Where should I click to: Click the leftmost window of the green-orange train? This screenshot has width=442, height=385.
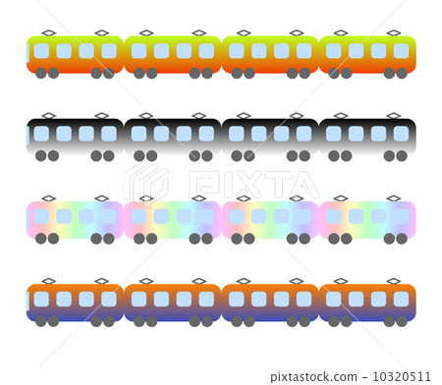[41, 51]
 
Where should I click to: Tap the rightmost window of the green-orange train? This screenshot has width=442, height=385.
[401, 51]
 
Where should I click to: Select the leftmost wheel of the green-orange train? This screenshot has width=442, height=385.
[41, 73]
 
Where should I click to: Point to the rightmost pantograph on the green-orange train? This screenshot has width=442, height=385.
[394, 33]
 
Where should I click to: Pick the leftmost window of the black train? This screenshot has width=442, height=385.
[41, 134]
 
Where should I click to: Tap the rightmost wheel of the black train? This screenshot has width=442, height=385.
[402, 155]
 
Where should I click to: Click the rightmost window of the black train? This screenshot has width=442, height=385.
[401, 134]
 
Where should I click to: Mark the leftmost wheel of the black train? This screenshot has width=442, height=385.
[41, 155]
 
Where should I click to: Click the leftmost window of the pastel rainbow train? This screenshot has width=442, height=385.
[41, 216]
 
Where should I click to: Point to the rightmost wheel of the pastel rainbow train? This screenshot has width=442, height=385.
[402, 238]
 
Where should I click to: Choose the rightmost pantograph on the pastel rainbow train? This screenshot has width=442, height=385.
[394, 198]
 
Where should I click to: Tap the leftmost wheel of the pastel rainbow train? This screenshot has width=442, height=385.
[41, 238]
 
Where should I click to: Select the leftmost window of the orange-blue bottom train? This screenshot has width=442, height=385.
[41, 299]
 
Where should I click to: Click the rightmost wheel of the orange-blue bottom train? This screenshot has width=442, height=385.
[402, 320]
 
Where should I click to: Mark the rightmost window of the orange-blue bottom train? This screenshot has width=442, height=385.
[401, 299]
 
